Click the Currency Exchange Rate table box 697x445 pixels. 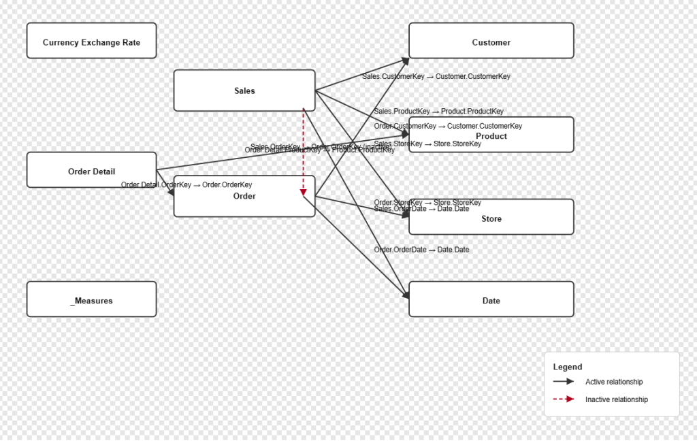pyautogui.click(x=91, y=41)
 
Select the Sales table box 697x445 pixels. pyautogui.click(x=244, y=90)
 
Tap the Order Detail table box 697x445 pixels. pyautogui.click(x=91, y=170)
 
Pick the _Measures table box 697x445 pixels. pyautogui.click(x=91, y=299)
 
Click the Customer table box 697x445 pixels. pyautogui.click(x=491, y=41)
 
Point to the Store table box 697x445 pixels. pyautogui.click(x=491, y=218)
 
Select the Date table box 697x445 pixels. pyautogui.click(x=491, y=299)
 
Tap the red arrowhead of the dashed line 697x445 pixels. pyautogui.click(x=304, y=193)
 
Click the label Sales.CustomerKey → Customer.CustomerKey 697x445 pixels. pyautogui.click(x=436, y=77)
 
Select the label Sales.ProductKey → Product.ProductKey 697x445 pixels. pyautogui.click(x=439, y=112)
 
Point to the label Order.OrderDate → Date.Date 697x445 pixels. pyautogui.click(x=421, y=250)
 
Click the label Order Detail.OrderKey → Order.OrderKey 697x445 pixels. pyautogui.click(x=187, y=185)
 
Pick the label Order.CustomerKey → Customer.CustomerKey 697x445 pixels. pyautogui.click(x=448, y=126)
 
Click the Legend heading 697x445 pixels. pyautogui.click(x=568, y=367)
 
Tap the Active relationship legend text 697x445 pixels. pyautogui.click(x=614, y=382)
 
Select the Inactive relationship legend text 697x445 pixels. pyautogui.click(x=617, y=399)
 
